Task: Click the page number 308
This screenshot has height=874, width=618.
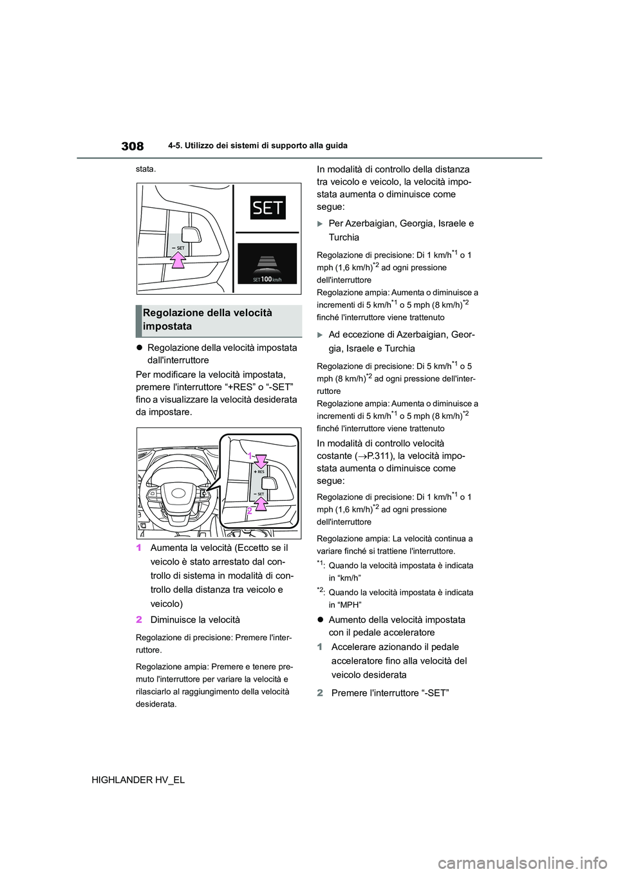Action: (132, 146)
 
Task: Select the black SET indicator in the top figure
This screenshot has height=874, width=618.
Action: (268, 208)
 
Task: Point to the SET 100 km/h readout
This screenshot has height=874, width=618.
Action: (267, 279)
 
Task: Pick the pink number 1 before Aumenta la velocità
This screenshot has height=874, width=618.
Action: (139, 548)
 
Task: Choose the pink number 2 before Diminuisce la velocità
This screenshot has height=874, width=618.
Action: (139, 620)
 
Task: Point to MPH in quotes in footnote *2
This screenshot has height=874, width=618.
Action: (346, 605)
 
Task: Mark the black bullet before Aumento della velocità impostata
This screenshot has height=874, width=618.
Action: (320, 620)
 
